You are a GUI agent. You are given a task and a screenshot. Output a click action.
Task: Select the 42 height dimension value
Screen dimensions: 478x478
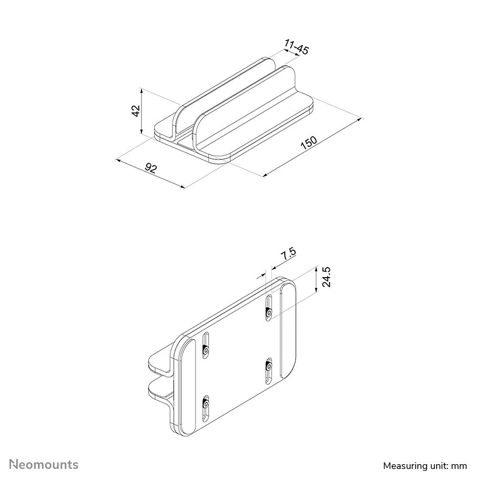(136, 111)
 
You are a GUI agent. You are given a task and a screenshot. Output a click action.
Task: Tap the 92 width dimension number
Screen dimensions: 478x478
(151, 168)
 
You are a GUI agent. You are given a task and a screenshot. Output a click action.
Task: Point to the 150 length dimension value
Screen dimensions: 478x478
(309, 144)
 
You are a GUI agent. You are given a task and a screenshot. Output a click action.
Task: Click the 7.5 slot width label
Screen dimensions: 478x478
(288, 254)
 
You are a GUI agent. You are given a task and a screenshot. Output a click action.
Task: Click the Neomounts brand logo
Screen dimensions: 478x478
(44, 464)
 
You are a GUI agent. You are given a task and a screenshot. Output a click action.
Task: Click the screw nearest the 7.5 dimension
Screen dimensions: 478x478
(269, 313)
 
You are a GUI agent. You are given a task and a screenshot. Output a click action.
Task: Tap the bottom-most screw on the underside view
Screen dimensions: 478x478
(205, 404)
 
